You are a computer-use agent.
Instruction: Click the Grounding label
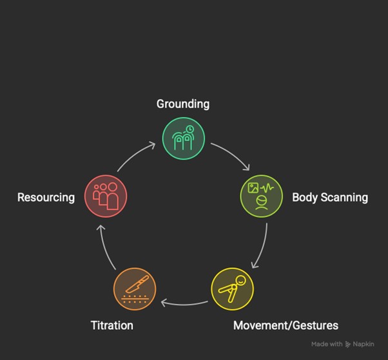point(183,104)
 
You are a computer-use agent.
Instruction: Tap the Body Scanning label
point(330,198)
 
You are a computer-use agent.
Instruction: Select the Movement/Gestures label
point(286,325)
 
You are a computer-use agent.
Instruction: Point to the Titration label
point(112,325)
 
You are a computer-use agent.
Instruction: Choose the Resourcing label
point(46,198)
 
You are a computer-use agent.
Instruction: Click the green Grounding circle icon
point(184,138)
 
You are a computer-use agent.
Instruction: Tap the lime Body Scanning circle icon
point(262,196)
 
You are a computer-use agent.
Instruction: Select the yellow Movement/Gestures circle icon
point(233,289)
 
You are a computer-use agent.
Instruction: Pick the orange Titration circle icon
point(135,289)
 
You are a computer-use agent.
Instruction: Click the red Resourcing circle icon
point(106,196)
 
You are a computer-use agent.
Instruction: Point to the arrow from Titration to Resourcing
point(104,247)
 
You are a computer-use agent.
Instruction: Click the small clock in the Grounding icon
point(190,129)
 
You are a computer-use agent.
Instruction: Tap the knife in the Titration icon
point(137,284)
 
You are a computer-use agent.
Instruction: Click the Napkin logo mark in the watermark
point(347,344)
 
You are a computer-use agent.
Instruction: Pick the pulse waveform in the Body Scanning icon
point(267,189)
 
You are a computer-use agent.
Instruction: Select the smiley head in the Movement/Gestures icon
point(240,281)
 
